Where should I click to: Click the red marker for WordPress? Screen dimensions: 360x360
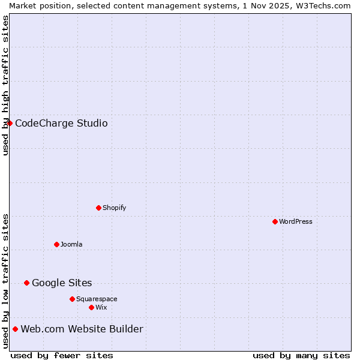(x=275, y=221)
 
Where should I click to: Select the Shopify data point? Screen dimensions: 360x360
(x=98, y=208)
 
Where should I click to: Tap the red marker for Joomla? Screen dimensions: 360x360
(x=56, y=244)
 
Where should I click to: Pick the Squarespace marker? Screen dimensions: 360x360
(x=72, y=299)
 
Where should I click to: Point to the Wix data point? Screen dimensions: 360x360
(x=91, y=307)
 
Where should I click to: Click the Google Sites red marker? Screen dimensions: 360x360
(x=26, y=283)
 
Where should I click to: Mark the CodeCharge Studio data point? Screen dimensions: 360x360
(x=10, y=123)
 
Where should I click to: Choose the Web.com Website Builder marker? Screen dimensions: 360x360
(x=15, y=329)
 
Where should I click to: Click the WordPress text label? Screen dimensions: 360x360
(x=296, y=221)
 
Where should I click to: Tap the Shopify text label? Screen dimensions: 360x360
(x=115, y=208)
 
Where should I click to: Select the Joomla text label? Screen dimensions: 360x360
(x=71, y=244)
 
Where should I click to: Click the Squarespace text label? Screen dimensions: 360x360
(x=97, y=299)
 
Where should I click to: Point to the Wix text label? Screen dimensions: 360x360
(x=101, y=307)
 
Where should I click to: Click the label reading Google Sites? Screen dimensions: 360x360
(x=62, y=283)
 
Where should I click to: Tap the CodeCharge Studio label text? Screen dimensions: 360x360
(x=61, y=123)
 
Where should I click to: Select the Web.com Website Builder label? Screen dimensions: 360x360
(x=82, y=329)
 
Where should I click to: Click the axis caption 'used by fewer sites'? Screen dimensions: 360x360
(x=62, y=355)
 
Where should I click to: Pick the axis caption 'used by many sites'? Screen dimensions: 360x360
(x=301, y=355)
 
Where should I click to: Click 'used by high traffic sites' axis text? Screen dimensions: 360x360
(x=5, y=85)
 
